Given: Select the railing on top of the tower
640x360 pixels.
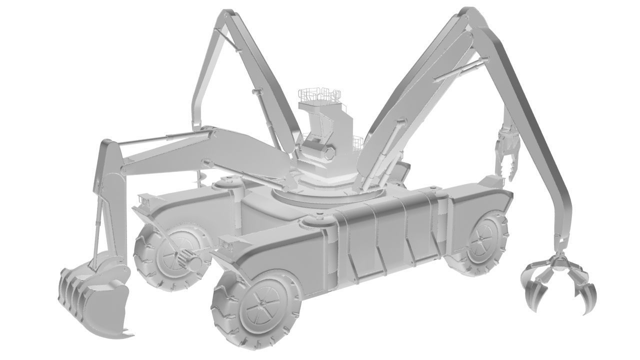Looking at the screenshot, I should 320,94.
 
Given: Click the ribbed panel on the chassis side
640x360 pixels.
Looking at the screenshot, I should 385,235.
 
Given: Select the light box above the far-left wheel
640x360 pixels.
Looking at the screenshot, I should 145,200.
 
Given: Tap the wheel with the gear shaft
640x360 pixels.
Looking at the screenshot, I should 170,255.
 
